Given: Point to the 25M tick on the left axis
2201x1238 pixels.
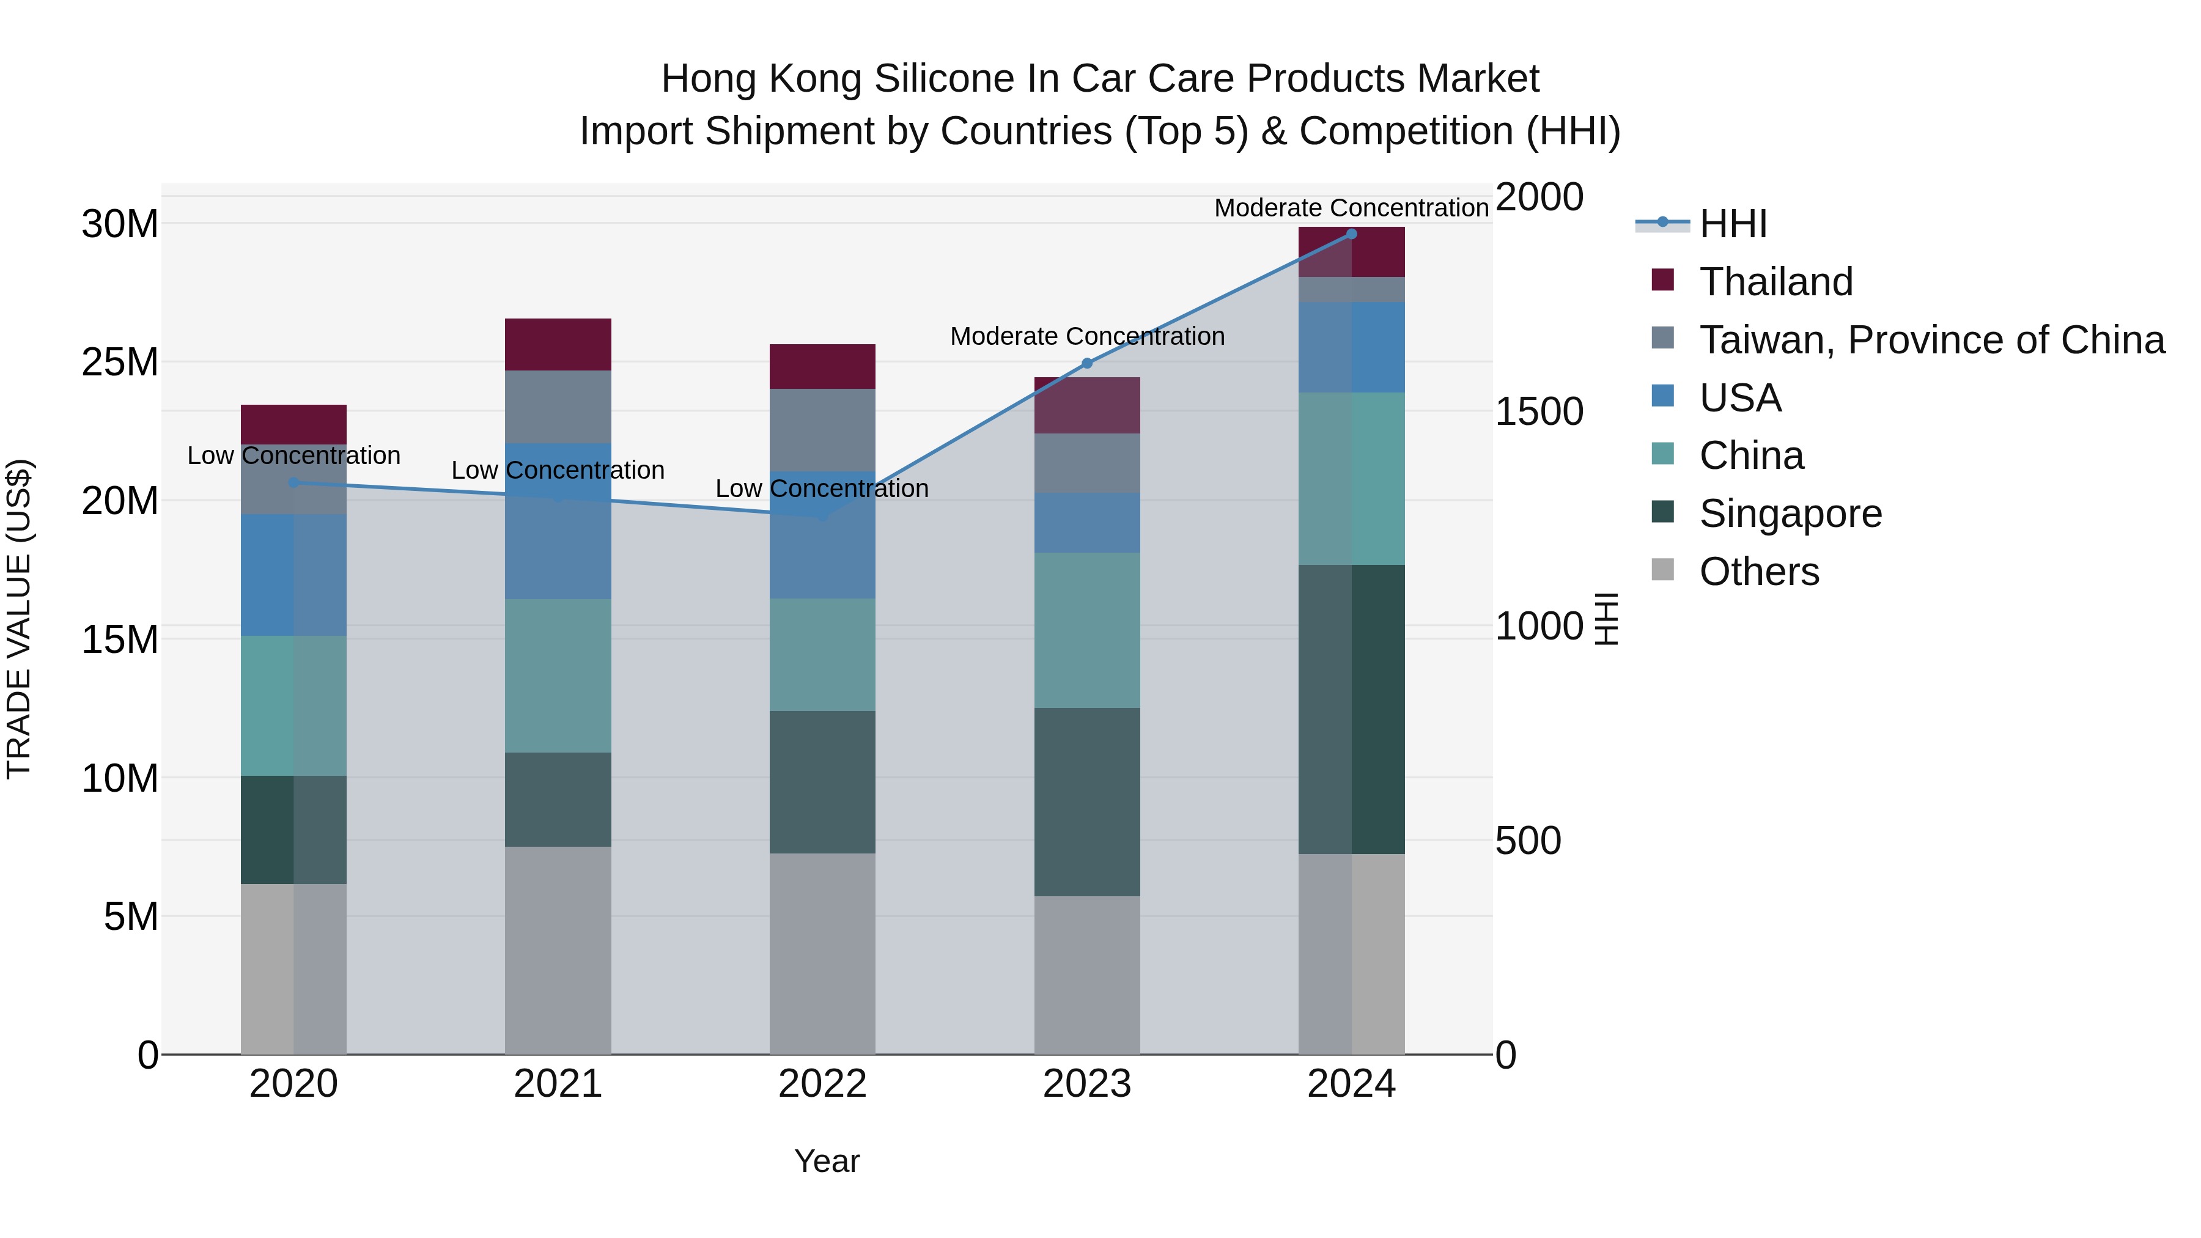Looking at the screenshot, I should coord(120,363).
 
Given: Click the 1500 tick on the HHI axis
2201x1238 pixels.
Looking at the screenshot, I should coord(1539,412).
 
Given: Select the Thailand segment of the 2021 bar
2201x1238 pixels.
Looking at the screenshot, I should coord(558,344).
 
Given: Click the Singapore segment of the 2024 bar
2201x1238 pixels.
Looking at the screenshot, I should coord(1352,709).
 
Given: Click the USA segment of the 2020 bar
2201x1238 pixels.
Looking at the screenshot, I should coord(293,575).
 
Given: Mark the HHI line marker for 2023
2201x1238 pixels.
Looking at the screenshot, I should coord(1087,363).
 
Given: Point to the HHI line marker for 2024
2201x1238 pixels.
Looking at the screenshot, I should coord(1352,234).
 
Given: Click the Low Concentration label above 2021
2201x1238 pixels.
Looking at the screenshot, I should coord(558,470).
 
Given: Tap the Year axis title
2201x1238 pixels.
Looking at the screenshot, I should coord(826,1161).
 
